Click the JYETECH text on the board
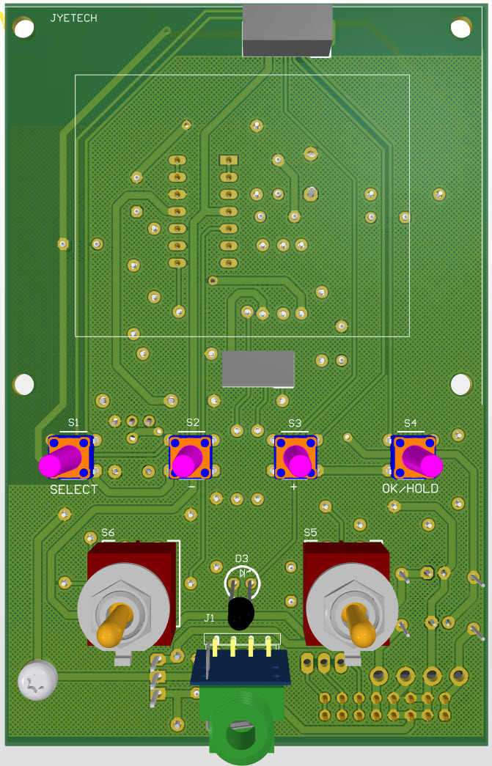[x=74, y=18]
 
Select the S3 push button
[x=295, y=457]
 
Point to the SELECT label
[x=74, y=490]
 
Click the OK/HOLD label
[x=411, y=488]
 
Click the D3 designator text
[x=242, y=559]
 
